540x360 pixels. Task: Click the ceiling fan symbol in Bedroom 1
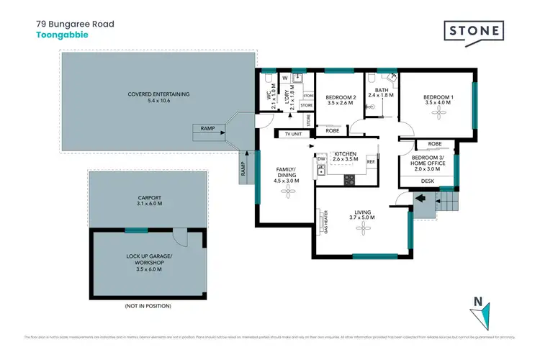point(438,116)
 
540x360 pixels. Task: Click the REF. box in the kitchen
point(372,162)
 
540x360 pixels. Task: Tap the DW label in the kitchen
point(321,159)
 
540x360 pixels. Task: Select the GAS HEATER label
point(325,224)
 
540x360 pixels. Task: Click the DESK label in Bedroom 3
point(428,181)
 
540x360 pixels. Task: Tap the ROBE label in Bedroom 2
point(332,131)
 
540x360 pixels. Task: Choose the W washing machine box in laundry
point(286,78)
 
